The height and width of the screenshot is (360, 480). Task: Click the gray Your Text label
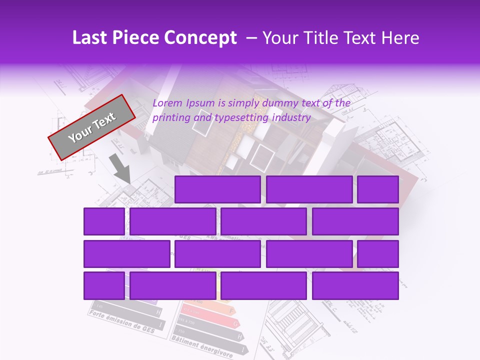pos(92,127)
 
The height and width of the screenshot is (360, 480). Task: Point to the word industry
pos(292,118)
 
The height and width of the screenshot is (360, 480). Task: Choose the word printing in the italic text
pos(171,118)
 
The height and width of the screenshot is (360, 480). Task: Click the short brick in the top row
pos(378,189)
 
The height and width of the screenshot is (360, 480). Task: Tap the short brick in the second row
pos(104,221)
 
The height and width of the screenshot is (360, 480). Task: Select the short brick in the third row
pos(378,254)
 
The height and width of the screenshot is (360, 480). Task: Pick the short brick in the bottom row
pos(104,286)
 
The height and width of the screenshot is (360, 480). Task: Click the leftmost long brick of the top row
pos(217,189)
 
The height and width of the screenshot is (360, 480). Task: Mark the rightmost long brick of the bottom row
pos(355,286)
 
